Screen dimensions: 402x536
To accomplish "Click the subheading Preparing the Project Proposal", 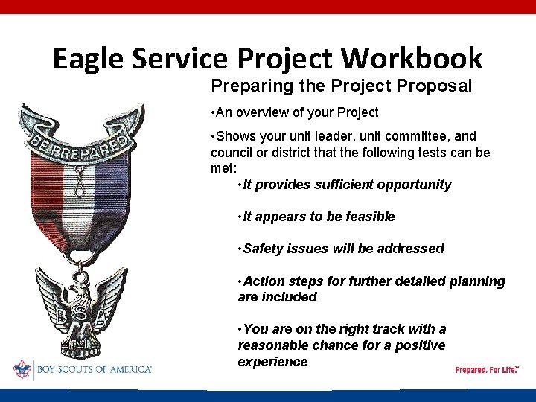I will coord(341,86).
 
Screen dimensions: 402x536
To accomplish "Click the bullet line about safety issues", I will coord(340,249).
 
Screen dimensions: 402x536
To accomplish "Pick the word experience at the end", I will coord(272,362).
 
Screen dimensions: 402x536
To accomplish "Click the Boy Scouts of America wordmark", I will coord(93,369).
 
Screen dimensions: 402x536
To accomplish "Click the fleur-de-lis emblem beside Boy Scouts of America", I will coord(22,368).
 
